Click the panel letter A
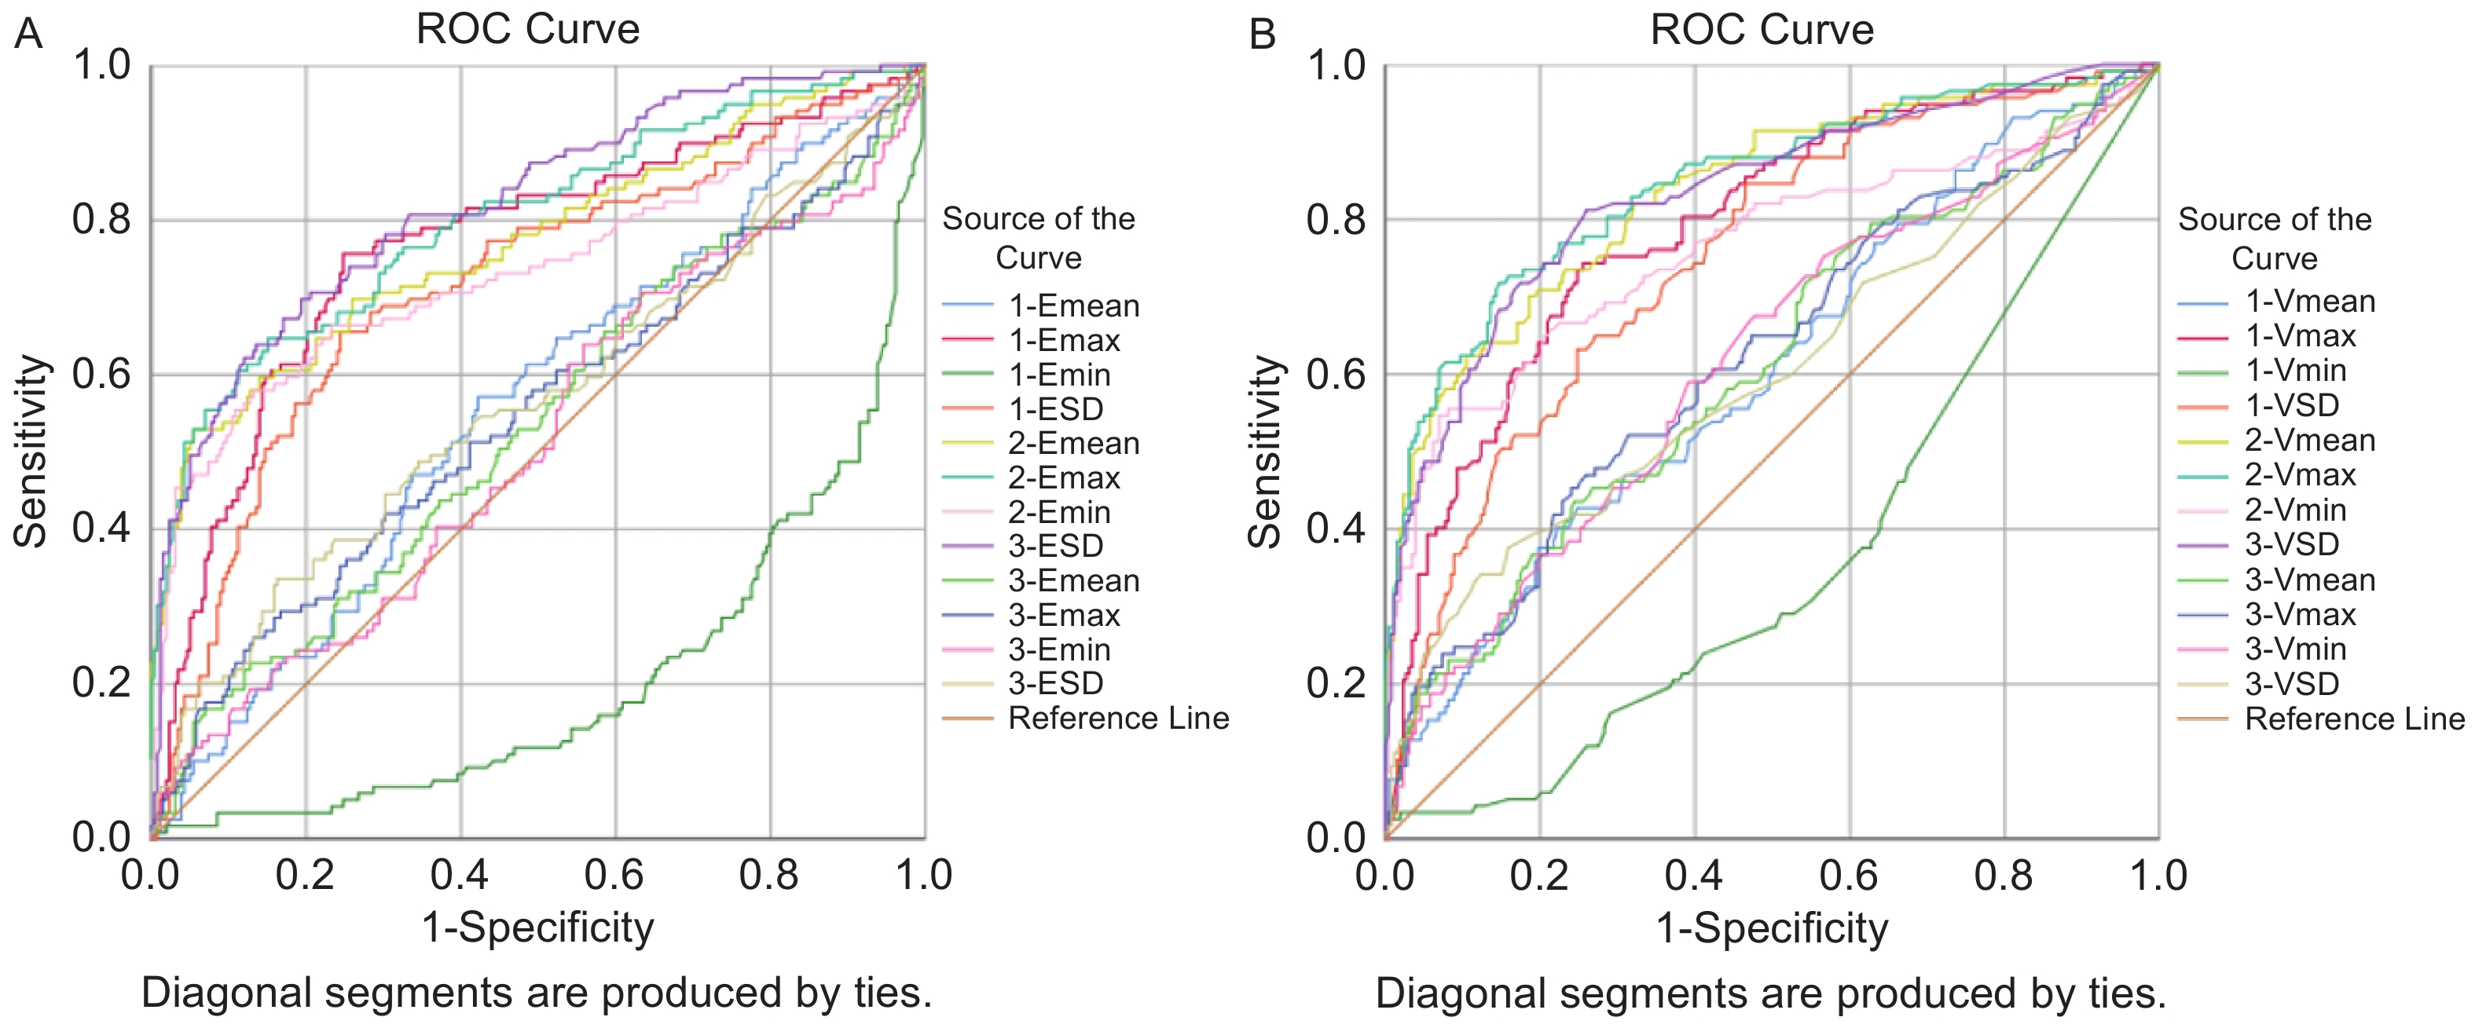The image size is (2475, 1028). coord(29,35)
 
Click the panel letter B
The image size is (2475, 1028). coord(1262,35)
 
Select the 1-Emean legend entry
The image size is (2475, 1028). coord(1073,305)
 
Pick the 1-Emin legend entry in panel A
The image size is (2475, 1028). coord(1059,375)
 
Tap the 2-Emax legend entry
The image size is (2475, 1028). coord(1064,477)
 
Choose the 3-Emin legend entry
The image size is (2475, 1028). coord(1059,649)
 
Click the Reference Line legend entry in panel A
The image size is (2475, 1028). coord(1117,718)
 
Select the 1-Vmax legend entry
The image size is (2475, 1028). coord(2300,336)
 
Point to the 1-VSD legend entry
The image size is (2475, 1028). coord(2291,405)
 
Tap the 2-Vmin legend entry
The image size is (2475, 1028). coord(2295,509)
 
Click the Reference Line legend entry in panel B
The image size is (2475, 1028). coord(2354,719)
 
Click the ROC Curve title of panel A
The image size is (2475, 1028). coord(527,29)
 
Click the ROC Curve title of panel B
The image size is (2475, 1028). coord(1761,30)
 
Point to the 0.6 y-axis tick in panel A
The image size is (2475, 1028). coord(101,374)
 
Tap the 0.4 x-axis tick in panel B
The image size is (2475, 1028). coord(1694,875)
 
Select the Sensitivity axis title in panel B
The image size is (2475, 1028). coord(1264,452)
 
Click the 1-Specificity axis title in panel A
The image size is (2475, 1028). coord(538,928)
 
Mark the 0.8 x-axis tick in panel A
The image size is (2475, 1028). coord(768,875)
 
